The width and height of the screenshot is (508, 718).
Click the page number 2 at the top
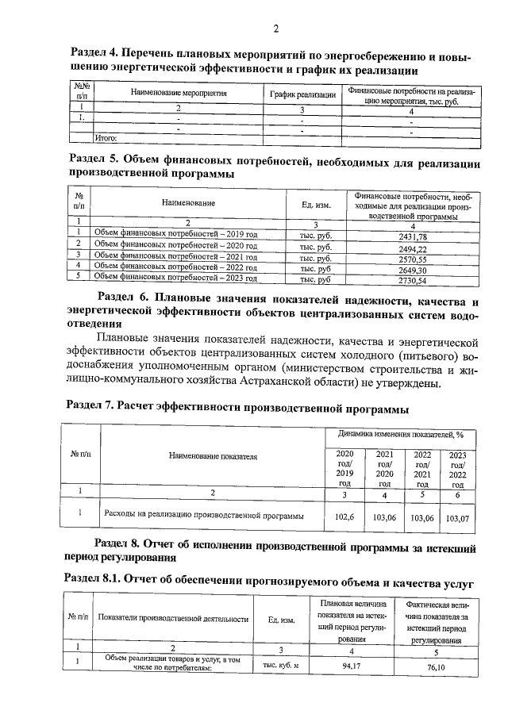coord(276,30)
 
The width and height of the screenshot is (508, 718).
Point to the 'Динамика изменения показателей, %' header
coord(401,435)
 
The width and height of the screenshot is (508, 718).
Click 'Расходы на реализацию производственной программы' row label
coord(205,516)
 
